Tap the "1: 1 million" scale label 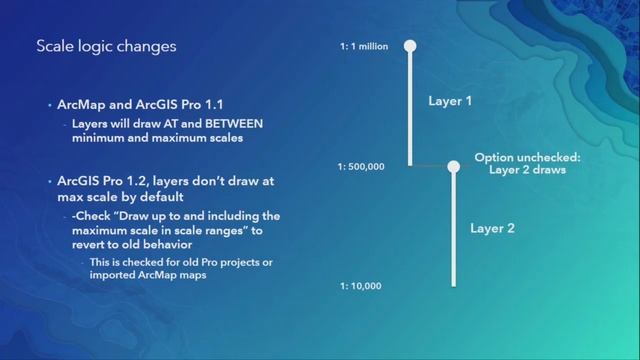364,46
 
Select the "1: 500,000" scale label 361,167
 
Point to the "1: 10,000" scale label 360,286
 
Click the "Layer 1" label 450,101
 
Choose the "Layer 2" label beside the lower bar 492,228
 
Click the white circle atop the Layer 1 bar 409,46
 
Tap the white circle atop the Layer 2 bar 453,167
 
